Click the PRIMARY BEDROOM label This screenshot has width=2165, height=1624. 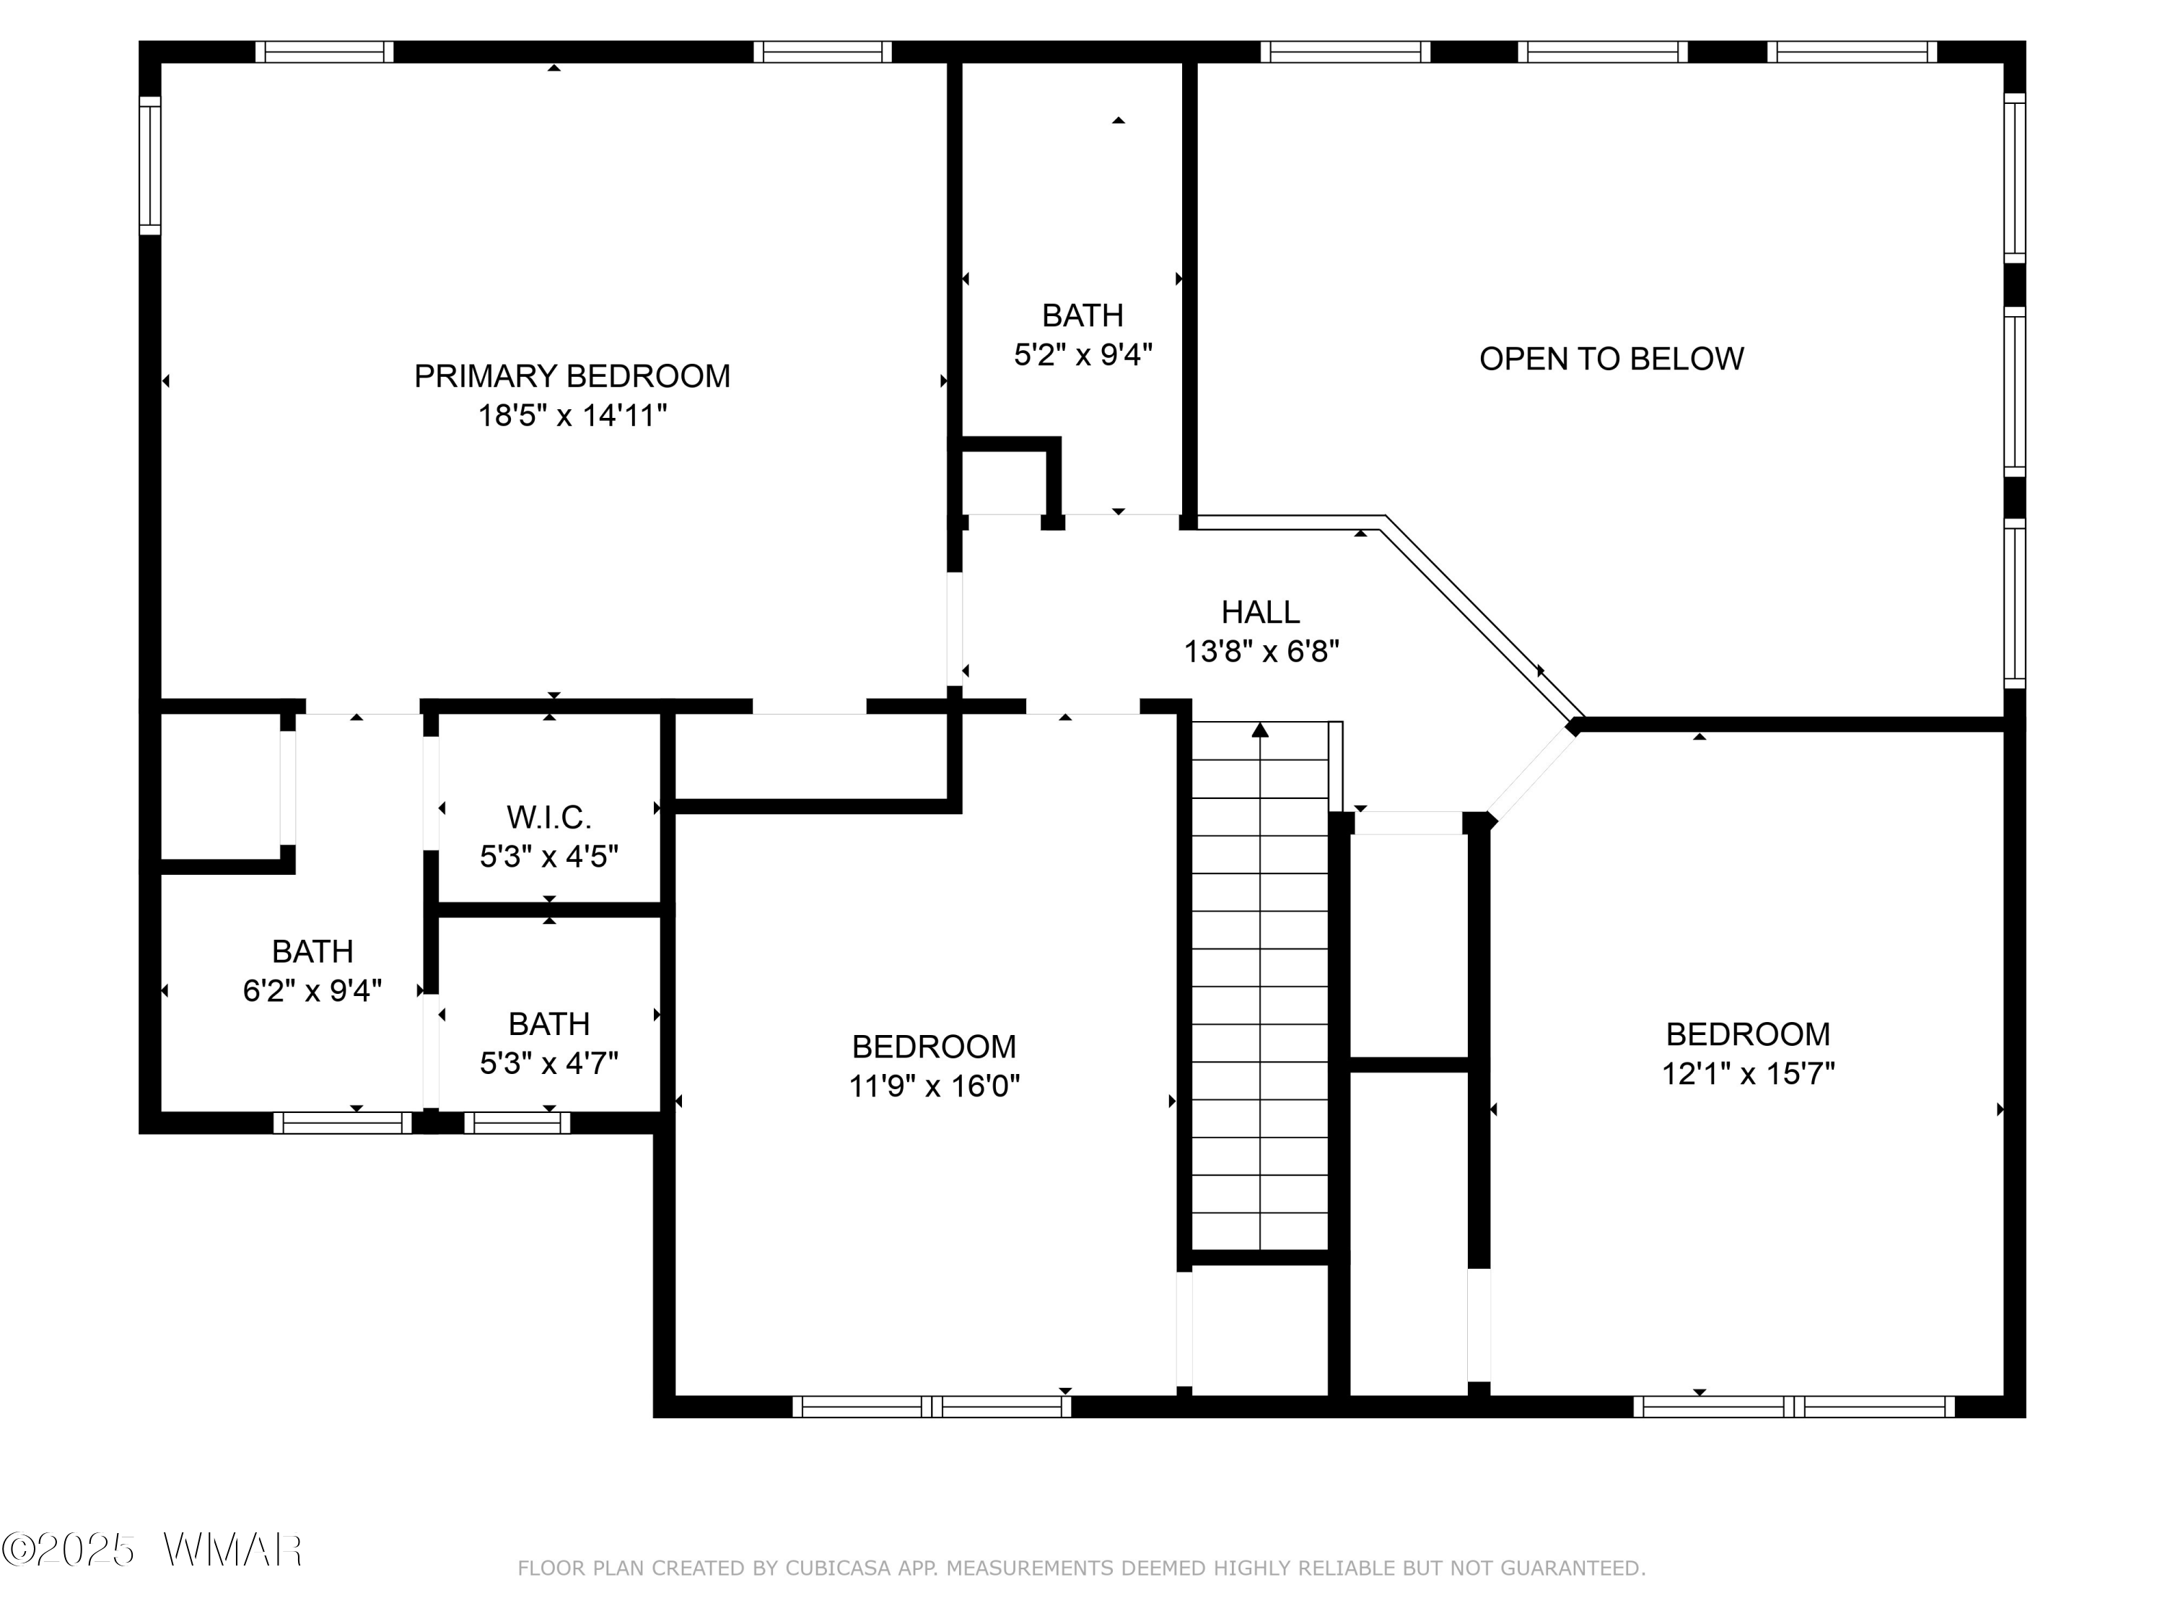point(572,376)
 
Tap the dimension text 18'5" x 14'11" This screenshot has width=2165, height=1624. point(572,416)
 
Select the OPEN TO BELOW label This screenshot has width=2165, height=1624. point(1611,359)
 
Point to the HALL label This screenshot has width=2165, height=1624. point(1261,612)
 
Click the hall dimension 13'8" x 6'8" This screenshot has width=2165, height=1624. point(1261,651)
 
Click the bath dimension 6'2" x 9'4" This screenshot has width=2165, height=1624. point(312,992)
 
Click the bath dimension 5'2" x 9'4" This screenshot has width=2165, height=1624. point(1082,354)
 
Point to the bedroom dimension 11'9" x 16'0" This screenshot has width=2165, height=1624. point(934,1086)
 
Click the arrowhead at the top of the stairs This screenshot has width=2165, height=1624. point(1259,729)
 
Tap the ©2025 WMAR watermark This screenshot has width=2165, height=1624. point(152,1550)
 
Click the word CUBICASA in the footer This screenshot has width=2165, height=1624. point(838,1568)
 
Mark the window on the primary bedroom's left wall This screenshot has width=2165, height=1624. point(150,165)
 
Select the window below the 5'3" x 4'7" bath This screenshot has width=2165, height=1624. point(517,1123)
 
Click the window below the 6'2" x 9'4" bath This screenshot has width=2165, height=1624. point(343,1123)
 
